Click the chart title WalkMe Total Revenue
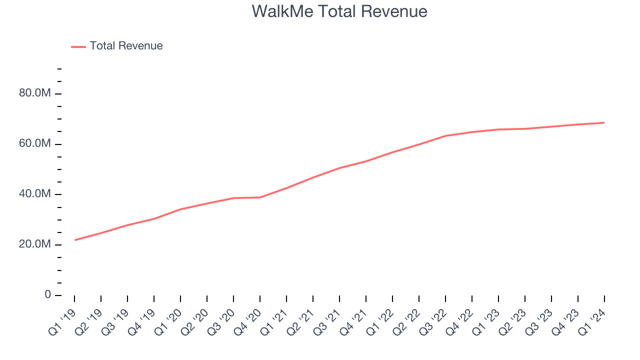(x=339, y=11)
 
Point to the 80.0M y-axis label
(x=34, y=93)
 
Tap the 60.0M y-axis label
(x=34, y=144)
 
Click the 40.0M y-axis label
(x=34, y=194)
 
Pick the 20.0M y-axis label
(x=34, y=244)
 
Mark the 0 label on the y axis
(x=48, y=294)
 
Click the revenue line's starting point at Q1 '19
(x=75, y=240)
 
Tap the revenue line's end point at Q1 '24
(x=604, y=122)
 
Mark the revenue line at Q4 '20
(x=260, y=197)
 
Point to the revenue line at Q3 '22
(x=445, y=136)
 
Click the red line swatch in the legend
(x=78, y=46)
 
